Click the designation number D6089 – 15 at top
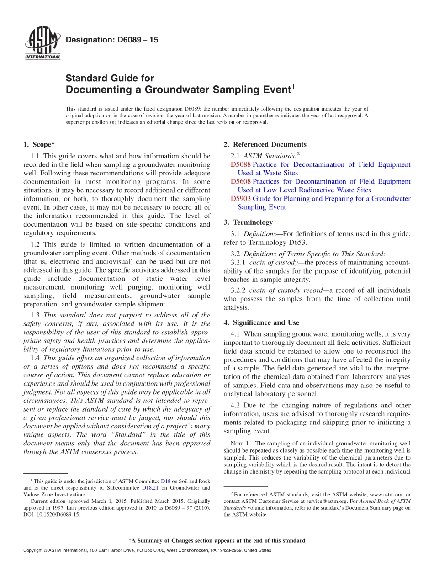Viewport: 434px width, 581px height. tap(112, 40)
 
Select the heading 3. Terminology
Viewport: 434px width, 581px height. tap(248, 222)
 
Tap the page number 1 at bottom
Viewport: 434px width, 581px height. tap(217, 561)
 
